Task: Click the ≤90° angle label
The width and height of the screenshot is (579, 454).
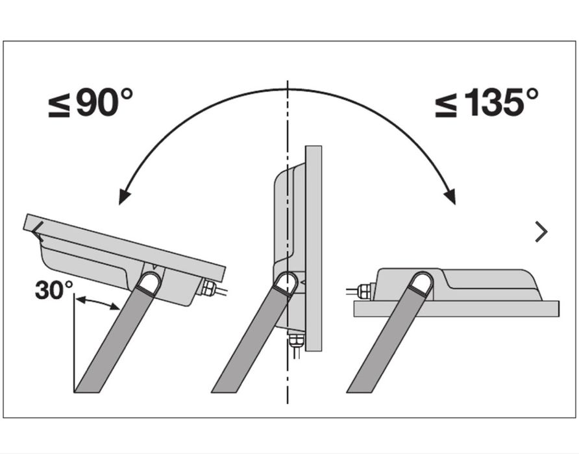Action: tap(90, 102)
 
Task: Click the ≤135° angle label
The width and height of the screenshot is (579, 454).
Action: tap(486, 102)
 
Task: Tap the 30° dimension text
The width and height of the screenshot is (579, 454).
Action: tap(55, 290)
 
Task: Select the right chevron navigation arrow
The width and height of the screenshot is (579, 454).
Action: tap(541, 232)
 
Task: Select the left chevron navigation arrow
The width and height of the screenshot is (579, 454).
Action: tap(37, 232)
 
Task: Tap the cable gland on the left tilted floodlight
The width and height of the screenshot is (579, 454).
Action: tap(208, 287)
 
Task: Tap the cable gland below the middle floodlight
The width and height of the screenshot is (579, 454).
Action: tap(296, 340)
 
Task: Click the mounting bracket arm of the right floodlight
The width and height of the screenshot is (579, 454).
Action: tap(390, 332)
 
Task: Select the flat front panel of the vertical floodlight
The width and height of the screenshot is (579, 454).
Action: tap(314, 248)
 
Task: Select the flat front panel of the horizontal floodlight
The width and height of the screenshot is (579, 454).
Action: tap(456, 309)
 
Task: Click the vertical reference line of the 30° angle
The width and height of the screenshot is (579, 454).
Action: tap(74, 342)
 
